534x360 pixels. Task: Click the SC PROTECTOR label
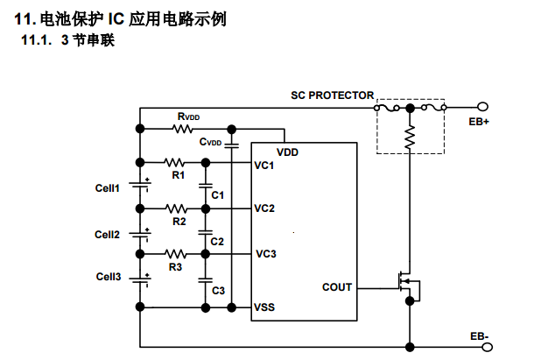332,95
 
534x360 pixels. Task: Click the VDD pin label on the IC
287,152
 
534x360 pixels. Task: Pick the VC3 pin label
266,254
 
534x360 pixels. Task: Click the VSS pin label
264,307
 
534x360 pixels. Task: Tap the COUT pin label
337,287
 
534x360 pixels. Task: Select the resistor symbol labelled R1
175,162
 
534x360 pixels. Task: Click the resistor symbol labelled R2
176,208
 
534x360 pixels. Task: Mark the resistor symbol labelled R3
176,254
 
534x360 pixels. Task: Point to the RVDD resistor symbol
183,130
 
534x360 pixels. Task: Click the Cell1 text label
108,188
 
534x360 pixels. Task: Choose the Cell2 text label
108,234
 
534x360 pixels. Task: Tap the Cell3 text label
108,278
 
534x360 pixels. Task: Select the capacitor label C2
217,241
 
